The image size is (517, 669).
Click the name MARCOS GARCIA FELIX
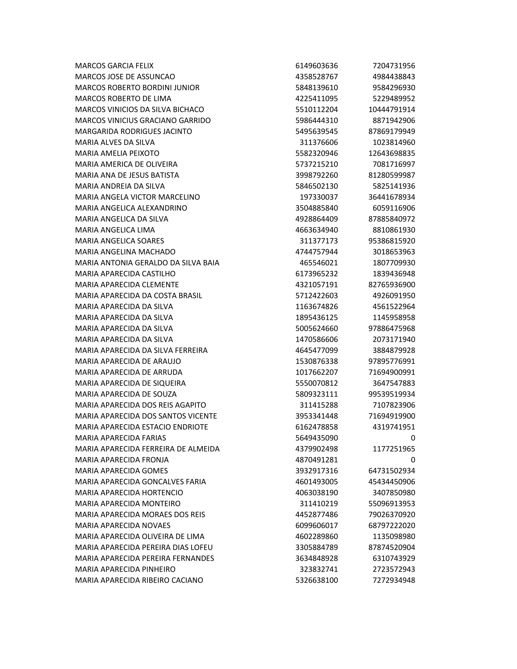coord(114,66)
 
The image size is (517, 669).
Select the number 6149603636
coord(316,66)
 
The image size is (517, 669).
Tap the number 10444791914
coord(391,110)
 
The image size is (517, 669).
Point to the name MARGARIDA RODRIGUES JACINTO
coord(134,131)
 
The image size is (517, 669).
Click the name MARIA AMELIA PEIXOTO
coord(117,154)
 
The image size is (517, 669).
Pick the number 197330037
coord(318,197)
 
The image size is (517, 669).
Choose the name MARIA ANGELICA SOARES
coord(120,241)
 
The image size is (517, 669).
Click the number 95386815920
coord(391,241)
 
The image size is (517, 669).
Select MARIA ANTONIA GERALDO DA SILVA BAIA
coord(147,263)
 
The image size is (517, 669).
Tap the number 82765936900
coord(391,285)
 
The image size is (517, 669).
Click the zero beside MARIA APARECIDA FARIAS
coord(413,438)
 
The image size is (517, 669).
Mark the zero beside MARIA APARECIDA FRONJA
coord(413,460)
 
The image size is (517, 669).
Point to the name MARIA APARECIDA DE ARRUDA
coord(129,373)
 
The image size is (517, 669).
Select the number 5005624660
coord(316,329)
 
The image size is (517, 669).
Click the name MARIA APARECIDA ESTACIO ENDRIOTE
coord(141,427)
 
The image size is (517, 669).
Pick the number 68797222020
coord(391,526)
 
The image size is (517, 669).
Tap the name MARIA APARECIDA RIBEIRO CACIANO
coord(139,581)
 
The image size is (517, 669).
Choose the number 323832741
coord(318,570)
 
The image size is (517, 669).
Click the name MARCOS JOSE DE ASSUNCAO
coord(125,77)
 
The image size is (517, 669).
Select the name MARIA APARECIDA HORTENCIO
coord(129,493)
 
